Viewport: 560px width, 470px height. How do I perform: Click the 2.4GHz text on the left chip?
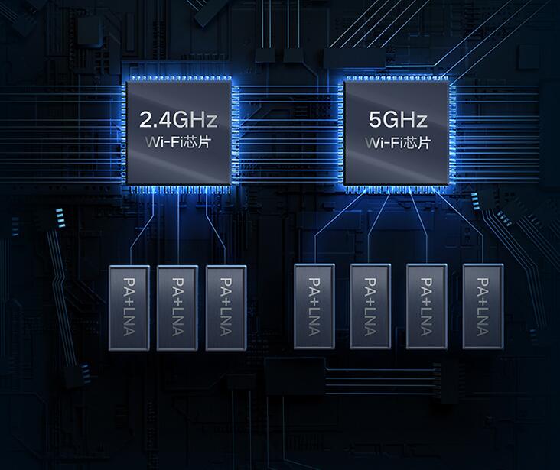click(x=177, y=119)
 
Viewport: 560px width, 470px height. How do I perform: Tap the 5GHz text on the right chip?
click(x=398, y=119)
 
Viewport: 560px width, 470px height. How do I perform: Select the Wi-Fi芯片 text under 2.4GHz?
click(x=177, y=142)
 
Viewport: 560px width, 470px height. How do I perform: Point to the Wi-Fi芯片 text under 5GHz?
click(x=398, y=143)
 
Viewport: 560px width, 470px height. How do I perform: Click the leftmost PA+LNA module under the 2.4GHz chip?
click(x=129, y=308)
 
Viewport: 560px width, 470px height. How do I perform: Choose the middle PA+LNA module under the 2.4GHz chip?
click(x=177, y=308)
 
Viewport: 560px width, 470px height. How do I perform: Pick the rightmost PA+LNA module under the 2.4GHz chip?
click(x=226, y=308)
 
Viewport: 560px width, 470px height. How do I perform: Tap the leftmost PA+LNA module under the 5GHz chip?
click(x=314, y=306)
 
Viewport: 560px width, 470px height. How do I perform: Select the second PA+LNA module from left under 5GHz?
click(x=370, y=306)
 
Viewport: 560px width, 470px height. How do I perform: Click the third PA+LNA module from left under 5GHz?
click(x=426, y=306)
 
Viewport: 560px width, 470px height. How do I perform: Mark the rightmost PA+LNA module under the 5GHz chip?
click(x=483, y=306)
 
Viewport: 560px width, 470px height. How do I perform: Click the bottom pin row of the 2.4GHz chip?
click(x=178, y=190)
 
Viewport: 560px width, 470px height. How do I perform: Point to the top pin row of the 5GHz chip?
click(x=396, y=78)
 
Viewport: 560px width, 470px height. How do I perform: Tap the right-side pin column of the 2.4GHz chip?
click(x=235, y=133)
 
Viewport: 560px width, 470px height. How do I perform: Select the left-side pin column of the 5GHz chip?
click(x=340, y=133)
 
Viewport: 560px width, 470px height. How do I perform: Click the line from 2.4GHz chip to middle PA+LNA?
click(x=177, y=229)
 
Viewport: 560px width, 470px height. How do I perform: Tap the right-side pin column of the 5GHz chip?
click(x=452, y=133)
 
